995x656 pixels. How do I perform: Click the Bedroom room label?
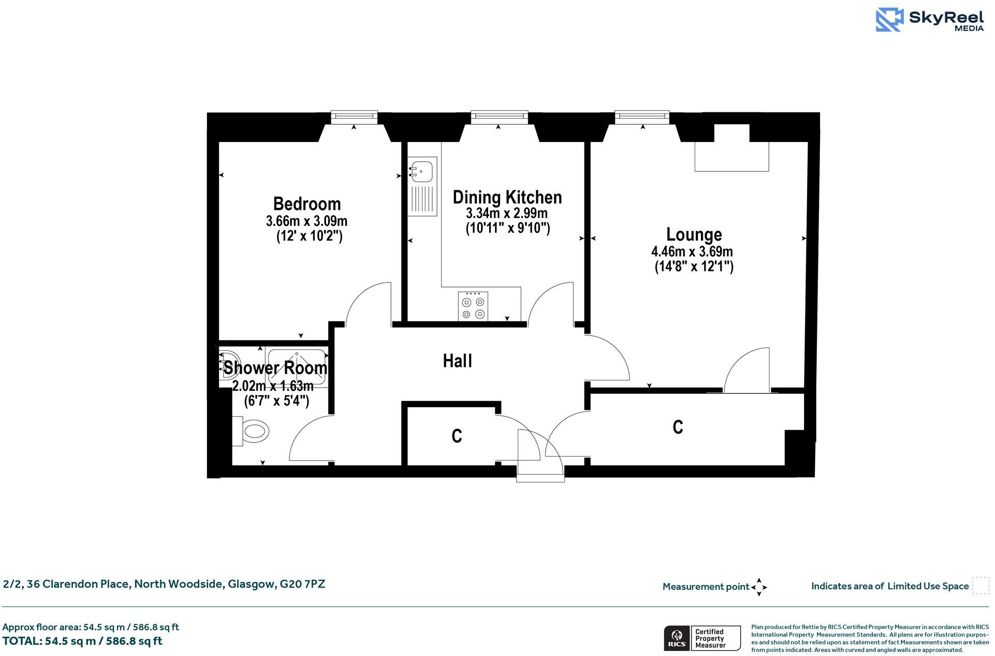tap(306, 204)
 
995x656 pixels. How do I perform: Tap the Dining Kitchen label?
tap(507, 197)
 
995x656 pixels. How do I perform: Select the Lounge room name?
tap(694, 235)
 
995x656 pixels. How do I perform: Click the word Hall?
tap(457, 361)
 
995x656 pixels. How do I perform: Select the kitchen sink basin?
tap(422, 170)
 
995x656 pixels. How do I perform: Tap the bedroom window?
tap(354, 117)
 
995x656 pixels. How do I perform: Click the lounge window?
tap(642, 117)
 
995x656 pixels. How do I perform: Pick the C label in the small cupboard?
tap(456, 436)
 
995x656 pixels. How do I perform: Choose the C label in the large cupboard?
tap(678, 427)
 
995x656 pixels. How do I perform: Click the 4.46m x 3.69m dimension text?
tap(692, 252)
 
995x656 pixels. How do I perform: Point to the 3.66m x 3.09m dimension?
tap(306, 221)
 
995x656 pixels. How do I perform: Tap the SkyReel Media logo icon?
tap(890, 20)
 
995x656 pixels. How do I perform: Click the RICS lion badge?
tap(676, 638)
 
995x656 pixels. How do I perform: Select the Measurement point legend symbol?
tap(759, 587)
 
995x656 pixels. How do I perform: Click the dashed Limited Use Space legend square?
tap(980, 586)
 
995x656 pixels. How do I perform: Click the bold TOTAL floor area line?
tap(82, 641)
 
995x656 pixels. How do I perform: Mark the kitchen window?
tap(499, 117)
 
